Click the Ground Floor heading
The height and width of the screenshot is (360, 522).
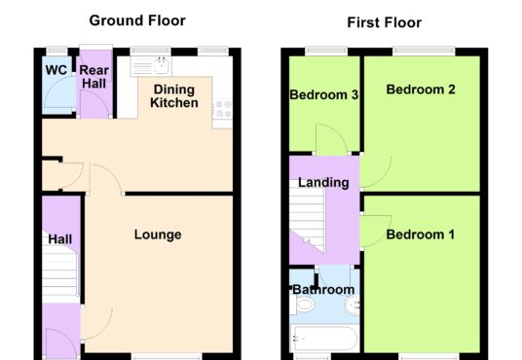pyautogui.click(x=137, y=21)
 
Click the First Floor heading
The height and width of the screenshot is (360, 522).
pyautogui.click(x=384, y=22)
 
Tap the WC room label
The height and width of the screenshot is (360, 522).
pyautogui.click(x=56, y=70)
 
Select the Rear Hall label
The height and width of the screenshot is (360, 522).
pyautogui.click(x=94, y=77)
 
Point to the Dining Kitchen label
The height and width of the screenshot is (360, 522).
pyautogui.click(x=174, y=96)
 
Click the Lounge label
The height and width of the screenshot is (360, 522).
pyautogui.click(x=158, y=234)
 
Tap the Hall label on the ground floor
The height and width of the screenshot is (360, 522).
pyautogui.click(x=60, y=239)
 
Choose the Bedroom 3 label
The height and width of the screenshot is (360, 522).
pyautogui.click(x=324, y=94)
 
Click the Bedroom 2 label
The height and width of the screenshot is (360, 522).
pyautogui.click(x=421, y=90)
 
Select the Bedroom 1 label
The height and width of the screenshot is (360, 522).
pyautogui.click(x=421, y=234)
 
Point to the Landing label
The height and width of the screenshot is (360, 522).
pyautogui.click(x=323, y=183)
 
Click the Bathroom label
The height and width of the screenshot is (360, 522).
pyautogui.click(x=323, y=290)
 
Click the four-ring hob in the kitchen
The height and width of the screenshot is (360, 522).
pyautogui.click(x=222, y=109)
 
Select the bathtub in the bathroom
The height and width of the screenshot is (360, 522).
pyautogui.click(x=324, y=338)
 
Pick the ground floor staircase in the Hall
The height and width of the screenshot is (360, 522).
pyautogui.click(x=60, y=270)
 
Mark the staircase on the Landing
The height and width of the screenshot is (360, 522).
pyautogui.click(x=307, y=216)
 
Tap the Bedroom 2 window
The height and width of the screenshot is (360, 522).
pyautogui.click(x=424, y=51)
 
